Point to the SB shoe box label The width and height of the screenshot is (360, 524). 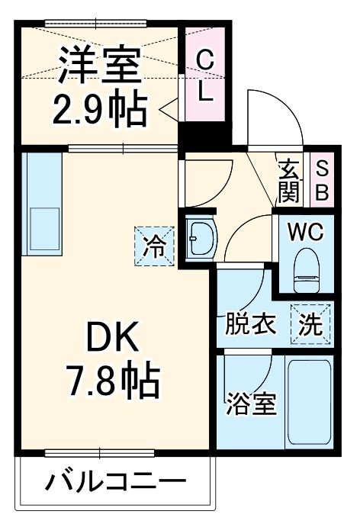321,180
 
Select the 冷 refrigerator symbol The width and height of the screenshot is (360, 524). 154,246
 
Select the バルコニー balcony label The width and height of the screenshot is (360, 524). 114,483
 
